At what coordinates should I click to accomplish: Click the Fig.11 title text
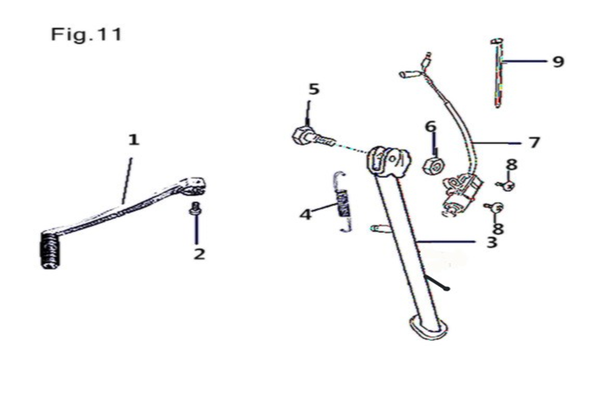[85, 37]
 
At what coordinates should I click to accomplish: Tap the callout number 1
[134, 139]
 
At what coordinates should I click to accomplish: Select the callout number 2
[199, 254]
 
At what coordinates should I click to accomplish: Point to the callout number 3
[491, 241]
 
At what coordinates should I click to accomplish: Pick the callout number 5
[313, 89]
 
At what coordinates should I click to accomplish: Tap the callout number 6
[430, 126]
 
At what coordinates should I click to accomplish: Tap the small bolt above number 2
[196, 208]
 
